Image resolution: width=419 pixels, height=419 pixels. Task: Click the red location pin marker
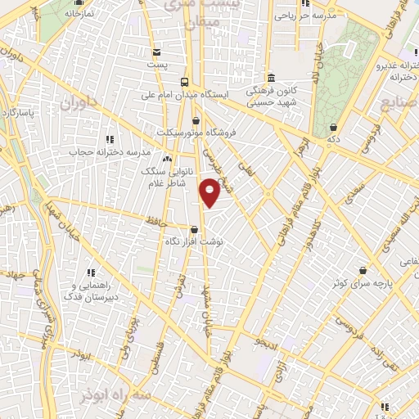[x=210, y=192]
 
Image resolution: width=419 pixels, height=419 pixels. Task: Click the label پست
[x=157, y=64]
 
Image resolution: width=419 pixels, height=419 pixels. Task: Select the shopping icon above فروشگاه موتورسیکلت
[x=196, y=122]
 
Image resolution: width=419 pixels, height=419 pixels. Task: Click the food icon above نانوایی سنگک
[x=167, y=160]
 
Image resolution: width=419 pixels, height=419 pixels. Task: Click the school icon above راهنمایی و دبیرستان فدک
[x=91, y=273]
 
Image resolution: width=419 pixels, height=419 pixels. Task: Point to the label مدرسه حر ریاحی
[x=304, y=15]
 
